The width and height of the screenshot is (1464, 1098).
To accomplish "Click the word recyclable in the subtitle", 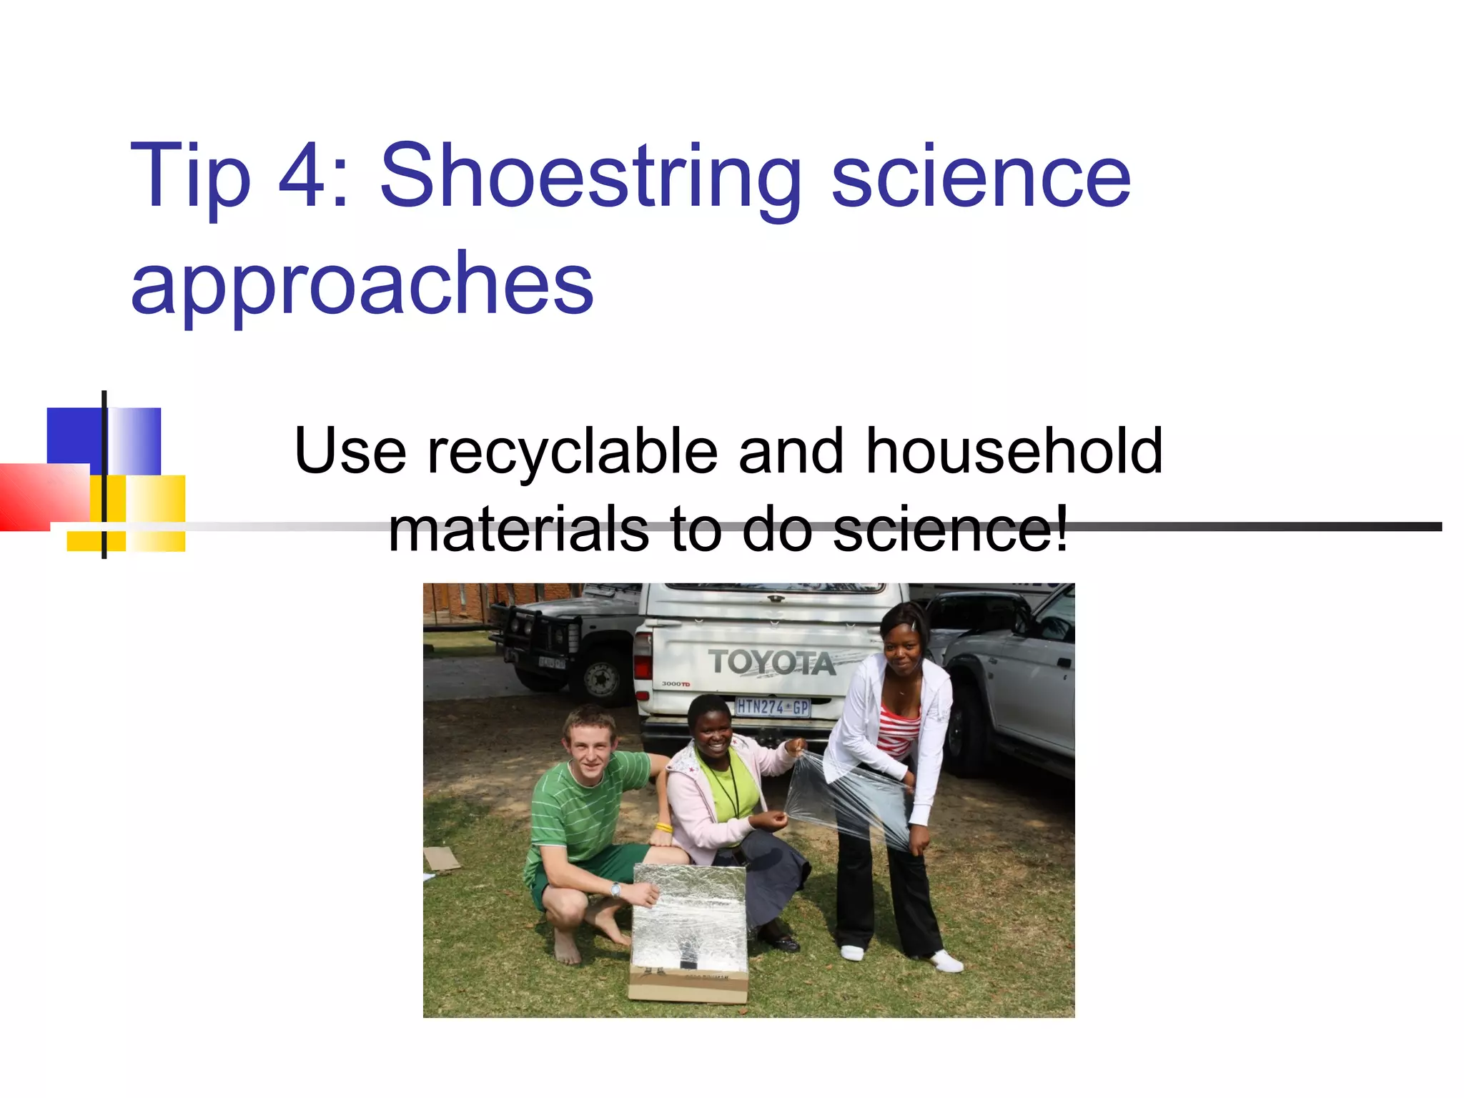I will [572, 452].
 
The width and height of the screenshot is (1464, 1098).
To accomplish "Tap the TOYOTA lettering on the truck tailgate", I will [771, 662].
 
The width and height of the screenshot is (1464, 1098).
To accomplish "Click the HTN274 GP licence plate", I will [772, 707].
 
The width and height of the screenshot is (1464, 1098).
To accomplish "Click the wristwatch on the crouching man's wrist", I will [615, 890].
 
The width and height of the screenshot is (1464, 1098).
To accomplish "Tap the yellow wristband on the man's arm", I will [663, 828].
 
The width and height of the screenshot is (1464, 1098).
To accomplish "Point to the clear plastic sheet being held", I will [847, 801].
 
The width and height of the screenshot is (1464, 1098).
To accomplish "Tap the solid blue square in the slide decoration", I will [74, 437].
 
